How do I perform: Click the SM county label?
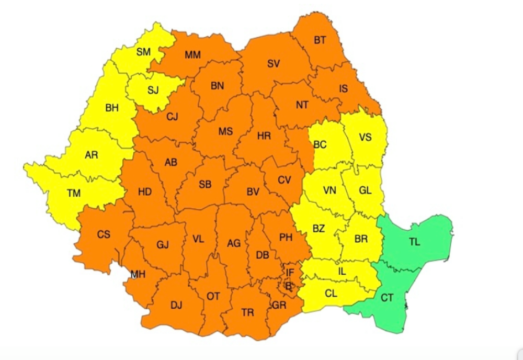(x=143, y=52)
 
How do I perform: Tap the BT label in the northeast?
(x=320, y=40)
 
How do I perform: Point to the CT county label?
(x=387, y=298)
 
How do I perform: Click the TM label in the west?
(x=74, y=193)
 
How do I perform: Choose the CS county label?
(x=104, y=234)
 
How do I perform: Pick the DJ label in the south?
(x=176, y=306)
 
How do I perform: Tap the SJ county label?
(x=153, y=90)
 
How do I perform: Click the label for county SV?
(x=274, y=64)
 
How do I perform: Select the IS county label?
(x=343, y=88)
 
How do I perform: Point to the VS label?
(x=365, y=137)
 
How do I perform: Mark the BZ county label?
(x=319, y=229)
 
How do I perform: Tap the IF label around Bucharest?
(x=290, y=272)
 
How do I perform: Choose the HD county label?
(x=145, y=192)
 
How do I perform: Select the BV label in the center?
(x=253, y=192)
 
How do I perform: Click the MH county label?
(x=138, y=275)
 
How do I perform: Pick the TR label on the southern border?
(x=247, y=312)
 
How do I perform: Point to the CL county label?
(x=331, y=294)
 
